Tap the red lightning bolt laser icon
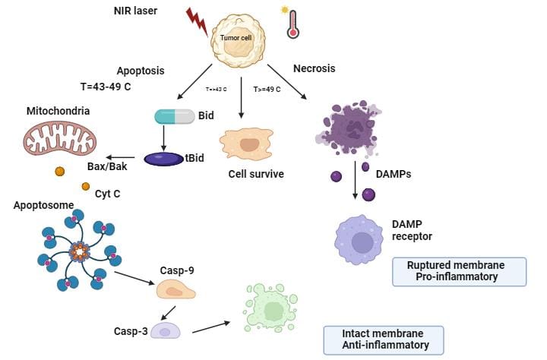[196, 23]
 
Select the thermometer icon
[291, 23]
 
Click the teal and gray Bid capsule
[175, 116]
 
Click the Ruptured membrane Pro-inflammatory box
[459, 271]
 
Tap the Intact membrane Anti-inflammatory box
[383, 339]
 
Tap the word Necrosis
[314, 68]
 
